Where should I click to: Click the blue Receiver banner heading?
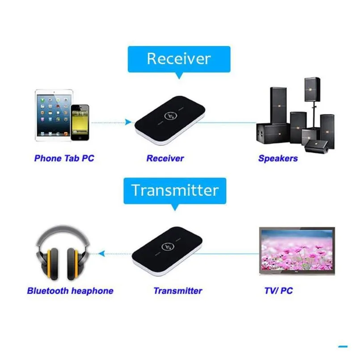pyautogui.click(x=179, y=59)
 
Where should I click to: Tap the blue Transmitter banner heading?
pyautogui.click(x=175, y=190)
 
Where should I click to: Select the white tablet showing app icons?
pyautogui.click(x=54, y=115)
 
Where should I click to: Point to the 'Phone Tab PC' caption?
pyautogui.click(x=64, y=158)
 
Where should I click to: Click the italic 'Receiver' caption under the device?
pyautogui.click(x=165, y=158)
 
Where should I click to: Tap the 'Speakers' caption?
pyautogui.click(x=278, y=158)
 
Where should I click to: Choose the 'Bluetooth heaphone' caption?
pyautogui.click(x=70, y=291)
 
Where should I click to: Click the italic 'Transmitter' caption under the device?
pyautogui.click(x=178, y=291)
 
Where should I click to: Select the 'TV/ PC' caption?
pyautogui.click(x=278, y=291)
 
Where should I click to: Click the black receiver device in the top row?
pyautogui.click(x=170, y=120)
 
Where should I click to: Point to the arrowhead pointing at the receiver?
pyautogui.click(x=129, y=122)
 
